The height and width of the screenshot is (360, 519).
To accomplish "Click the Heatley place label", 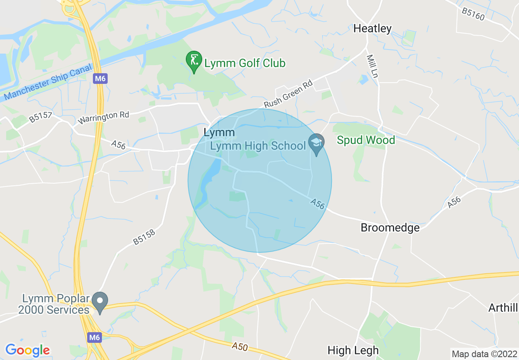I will (x=372, y=28).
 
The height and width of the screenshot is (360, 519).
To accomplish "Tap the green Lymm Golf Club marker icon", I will (x=194, y=61).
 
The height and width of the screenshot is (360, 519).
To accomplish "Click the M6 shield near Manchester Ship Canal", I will (x=99, y=79).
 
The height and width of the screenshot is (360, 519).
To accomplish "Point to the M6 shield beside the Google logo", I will (x=94, y=337).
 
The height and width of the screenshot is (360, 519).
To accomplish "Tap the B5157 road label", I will (x=41, y=117).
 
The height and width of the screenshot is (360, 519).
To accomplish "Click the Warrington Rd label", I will (x=103, y=118).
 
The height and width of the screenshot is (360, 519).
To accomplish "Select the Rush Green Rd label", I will (x=288, y=94).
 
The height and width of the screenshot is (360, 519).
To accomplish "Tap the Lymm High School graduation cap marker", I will (x=316, y=143).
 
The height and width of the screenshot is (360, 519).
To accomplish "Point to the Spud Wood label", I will (x=366, y=140).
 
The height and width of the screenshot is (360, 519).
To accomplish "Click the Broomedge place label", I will (x=390, y=228).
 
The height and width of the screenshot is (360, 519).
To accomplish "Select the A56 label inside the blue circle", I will (x=317, y=203).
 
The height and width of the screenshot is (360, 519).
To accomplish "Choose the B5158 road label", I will (x=144, y=238).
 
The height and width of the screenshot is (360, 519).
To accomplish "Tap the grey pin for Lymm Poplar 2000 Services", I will (x=99, y=301).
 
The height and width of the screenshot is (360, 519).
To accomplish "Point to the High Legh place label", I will (x=353, y=351).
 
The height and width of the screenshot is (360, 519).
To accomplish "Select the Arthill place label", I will (x=503, y=308).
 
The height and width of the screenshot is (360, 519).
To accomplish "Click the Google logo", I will (x=27, y=350).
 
